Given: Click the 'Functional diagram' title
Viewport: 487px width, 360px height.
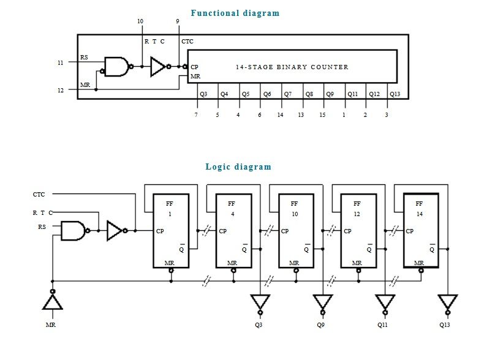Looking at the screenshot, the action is tap(235, 13).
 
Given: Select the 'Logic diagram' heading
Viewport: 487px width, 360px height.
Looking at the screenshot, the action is tap(238, 167).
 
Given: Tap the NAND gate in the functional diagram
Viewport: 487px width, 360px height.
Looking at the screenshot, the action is tap(117, 66).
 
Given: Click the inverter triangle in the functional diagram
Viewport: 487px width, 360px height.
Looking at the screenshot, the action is tap(159, 66).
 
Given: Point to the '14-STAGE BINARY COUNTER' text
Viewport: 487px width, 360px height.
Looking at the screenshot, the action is tap(292, 67).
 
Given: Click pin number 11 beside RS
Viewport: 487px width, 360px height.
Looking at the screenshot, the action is tap(60, 62).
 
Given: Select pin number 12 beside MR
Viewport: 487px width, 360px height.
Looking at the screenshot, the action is tap(60, 91).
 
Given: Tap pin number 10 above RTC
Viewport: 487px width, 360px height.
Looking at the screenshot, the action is tap(140, 21).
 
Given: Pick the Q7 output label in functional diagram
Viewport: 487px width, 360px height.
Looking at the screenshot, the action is tap(288, 94).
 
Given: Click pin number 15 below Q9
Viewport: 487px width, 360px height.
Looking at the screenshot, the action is tap(322, 115).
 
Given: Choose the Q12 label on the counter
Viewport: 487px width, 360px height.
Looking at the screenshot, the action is tap(374, 94).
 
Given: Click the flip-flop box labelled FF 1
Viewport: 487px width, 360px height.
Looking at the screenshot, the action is tap(171, 231).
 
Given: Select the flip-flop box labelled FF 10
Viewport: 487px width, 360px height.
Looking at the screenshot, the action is tap(296, 231).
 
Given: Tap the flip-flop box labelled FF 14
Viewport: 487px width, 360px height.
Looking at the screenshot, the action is tap(421, 230).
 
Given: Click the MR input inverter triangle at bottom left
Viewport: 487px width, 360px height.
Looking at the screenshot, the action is tap(53, 301).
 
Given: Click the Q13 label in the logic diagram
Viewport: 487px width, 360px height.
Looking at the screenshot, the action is tap(445, 324).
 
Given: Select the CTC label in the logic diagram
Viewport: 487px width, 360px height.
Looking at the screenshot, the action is tap(39, 194).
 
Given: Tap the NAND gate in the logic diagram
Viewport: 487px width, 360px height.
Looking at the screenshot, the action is tap(74, 231).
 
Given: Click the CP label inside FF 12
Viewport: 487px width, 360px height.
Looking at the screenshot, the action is tap(347, 231).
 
